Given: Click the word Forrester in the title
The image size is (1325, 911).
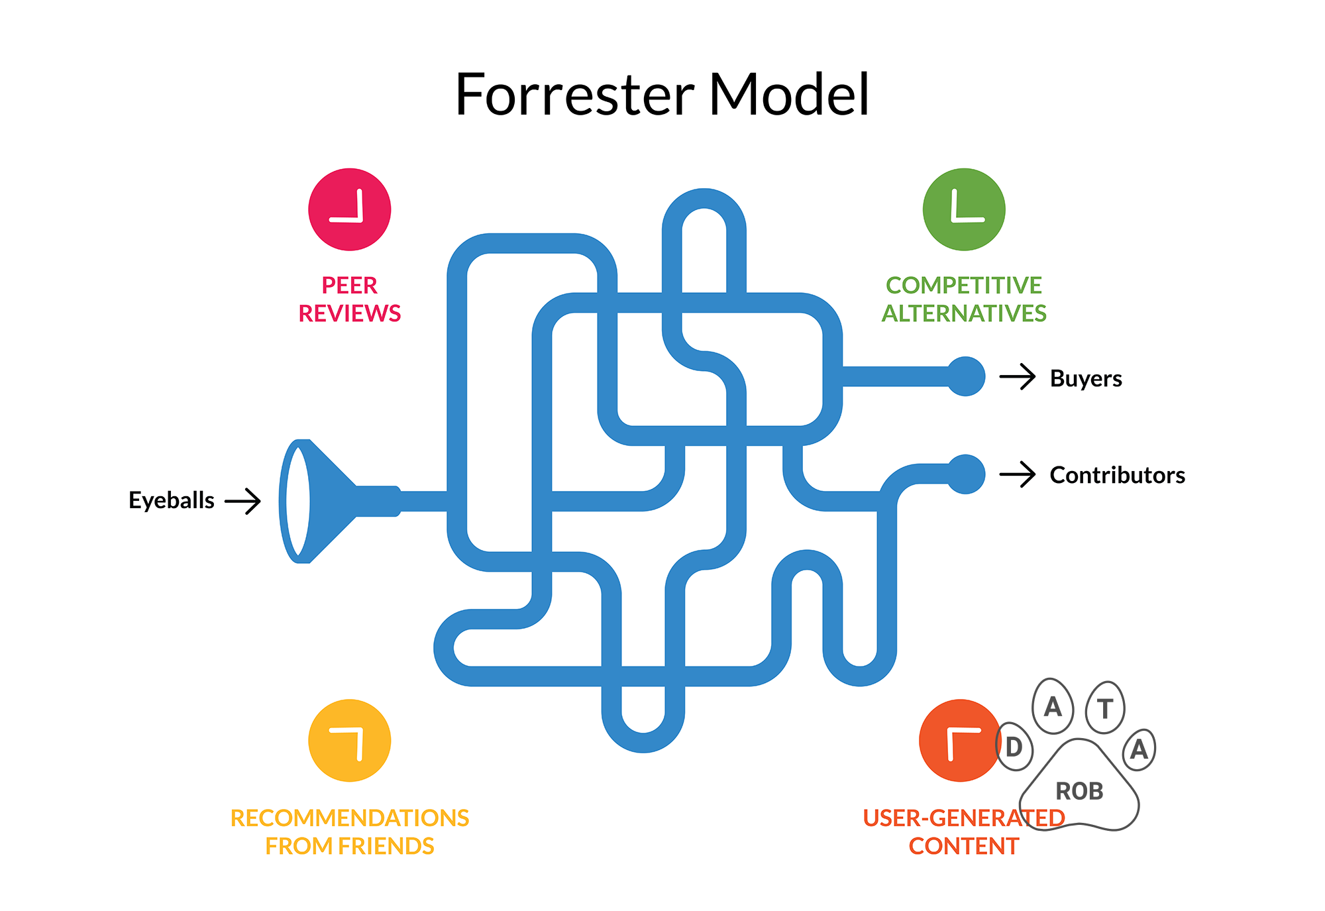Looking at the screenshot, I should pos(574,95).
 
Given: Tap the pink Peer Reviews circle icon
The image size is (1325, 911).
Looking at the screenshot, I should pos(349,209).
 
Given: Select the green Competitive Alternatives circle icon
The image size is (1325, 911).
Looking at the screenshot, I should pos(963,209).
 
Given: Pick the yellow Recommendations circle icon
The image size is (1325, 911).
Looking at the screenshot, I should pos(349,740).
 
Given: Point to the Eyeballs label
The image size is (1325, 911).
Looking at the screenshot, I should pos(171,500).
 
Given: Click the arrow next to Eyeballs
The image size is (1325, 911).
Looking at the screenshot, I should pos(243,501).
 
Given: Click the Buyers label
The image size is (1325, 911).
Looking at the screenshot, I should pos(1085,378).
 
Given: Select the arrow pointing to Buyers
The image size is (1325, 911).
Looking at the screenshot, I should pos(1018,376).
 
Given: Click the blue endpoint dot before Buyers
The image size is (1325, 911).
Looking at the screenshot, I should pos(965,376).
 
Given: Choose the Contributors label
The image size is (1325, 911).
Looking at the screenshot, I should pos(1117,475).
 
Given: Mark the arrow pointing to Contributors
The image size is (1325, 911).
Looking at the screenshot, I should pos(1018,474).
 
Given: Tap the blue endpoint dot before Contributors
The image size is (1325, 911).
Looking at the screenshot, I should pos(965,474).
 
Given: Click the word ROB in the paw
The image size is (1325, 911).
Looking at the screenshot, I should pos(1079,791).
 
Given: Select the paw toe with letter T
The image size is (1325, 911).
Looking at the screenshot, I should pos(1104,708).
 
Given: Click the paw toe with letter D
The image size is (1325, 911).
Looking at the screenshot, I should pos(1014,747).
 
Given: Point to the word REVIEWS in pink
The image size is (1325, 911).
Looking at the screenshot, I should pos(349,313).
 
